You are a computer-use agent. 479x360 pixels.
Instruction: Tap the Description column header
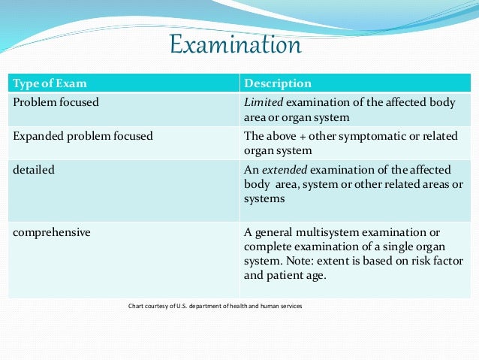pyautogui.click(x=278, y=83)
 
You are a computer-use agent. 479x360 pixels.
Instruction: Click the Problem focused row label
pyautogui.click(x=56, y=102)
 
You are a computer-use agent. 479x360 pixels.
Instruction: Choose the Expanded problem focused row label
pyautogui.click(x=83, y=136)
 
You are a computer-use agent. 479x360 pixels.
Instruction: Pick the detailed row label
pyautogui.click(x=34, y=170)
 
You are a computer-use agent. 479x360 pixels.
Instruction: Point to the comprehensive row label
pyautogui.click(x=52, y=232)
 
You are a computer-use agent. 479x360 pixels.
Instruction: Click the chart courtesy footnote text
pyautogui.click(x=215, y=306)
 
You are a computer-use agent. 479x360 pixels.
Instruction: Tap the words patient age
pyautogui.click(x=300, y=274)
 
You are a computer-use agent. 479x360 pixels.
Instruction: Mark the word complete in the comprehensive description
pyautogui.click(x=269, y=247)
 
